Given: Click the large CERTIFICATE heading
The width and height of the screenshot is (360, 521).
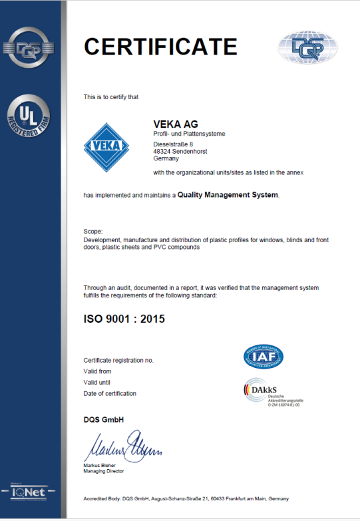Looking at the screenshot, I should [x=160, y=47].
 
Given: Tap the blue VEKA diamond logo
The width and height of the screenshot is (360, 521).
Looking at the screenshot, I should [x=106, y=147].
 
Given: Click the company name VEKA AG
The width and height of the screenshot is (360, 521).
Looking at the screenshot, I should [x=175, y=123].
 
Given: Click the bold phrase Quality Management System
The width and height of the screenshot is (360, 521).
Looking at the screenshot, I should [x=228, y=195].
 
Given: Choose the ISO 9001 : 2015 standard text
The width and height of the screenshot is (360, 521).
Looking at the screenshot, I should [x=124, y=319].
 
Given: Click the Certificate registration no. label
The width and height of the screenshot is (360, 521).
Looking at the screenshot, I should [x=118, y=360].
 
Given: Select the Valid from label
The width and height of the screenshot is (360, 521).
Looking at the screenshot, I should [x=97, y=371].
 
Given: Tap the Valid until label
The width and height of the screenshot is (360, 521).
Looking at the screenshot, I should [x=97, y=382].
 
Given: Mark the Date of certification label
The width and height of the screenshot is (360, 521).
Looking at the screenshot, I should [x=110, y=393].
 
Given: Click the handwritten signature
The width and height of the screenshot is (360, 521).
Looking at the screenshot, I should [x=122, y=444].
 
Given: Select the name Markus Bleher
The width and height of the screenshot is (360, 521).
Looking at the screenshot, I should [x=102, y=464].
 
